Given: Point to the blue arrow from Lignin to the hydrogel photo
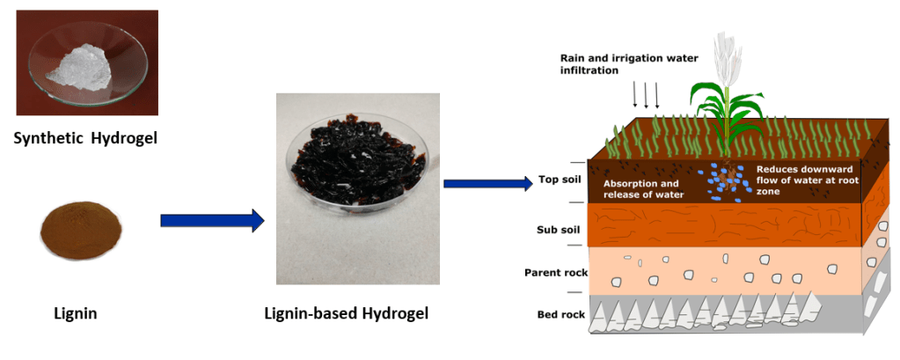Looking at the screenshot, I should (x=211, y=220).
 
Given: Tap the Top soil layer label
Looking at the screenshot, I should (x=560, y=181).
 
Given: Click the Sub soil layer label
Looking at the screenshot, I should (x=558, y=230).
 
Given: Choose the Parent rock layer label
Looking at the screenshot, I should (x=554, y=272).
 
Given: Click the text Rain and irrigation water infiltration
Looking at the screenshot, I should (x=629, y=63).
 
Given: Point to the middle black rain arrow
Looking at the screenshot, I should (x=646, y=94).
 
